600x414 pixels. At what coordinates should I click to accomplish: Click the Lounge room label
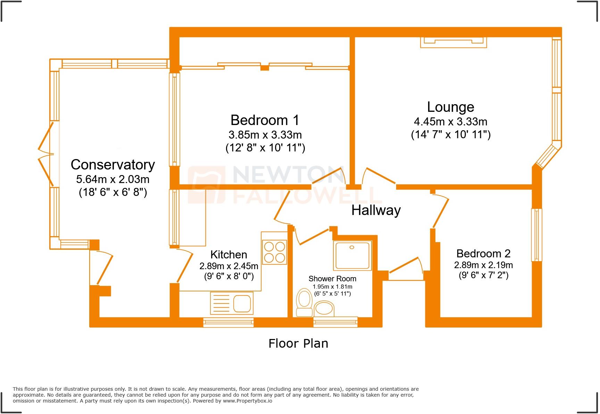(x=450, y=107)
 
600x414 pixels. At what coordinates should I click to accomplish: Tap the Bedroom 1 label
(x=265, y=120)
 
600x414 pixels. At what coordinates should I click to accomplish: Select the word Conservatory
(x=113, y=165)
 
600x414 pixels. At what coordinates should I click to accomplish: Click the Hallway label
(x=376, y=210)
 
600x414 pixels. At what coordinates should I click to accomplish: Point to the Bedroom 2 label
(x=483, y=254)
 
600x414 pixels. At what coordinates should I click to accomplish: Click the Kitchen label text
(x=228, y=255)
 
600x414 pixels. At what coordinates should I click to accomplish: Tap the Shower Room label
(x=332, y=279)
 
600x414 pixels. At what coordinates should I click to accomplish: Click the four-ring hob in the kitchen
(x=274, y=252)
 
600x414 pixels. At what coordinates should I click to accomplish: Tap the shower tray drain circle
(x=352, y=247)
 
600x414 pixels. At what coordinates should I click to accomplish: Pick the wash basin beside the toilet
(x=324, y=308)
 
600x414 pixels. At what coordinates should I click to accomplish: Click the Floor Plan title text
(x=298, y=343)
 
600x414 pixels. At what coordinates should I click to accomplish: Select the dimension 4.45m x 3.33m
(x=450, y=122)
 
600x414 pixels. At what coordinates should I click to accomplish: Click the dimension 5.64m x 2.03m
(x=113, y=179)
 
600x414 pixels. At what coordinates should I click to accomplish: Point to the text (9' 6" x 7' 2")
(x=483, y=275)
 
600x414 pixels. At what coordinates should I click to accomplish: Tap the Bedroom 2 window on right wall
(x=536, y=235)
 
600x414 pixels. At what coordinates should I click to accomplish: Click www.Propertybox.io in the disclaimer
(x=248, y=401)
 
